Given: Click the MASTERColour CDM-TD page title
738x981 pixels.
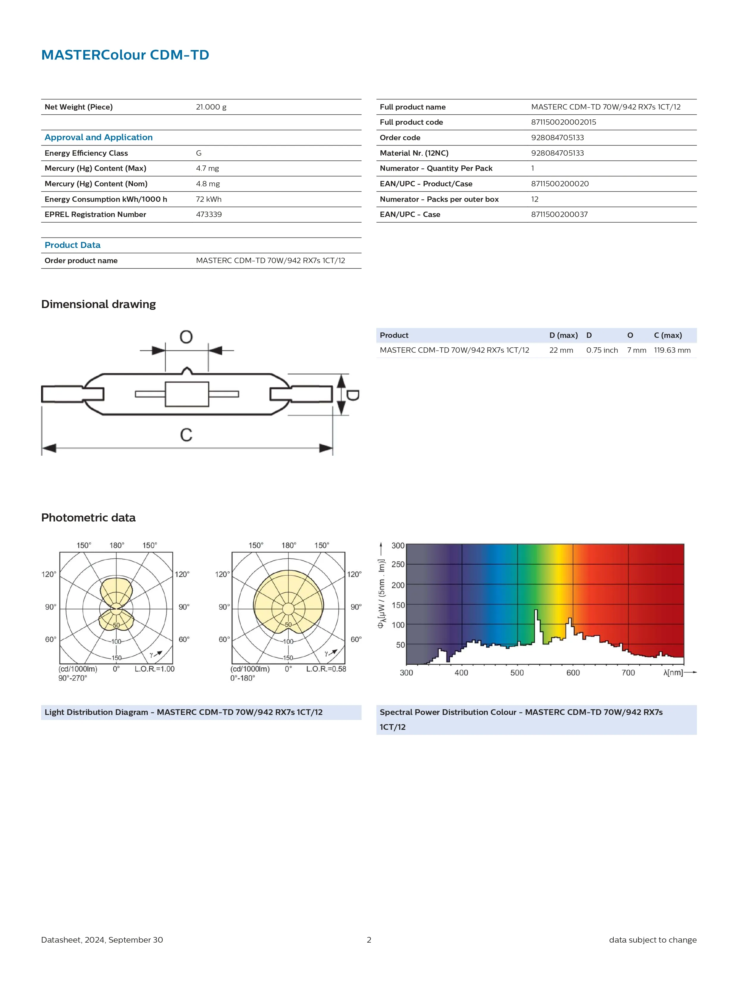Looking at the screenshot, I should (125, 55).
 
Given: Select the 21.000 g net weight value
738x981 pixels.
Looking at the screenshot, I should (211, 107).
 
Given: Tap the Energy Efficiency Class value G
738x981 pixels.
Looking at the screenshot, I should (199, 153).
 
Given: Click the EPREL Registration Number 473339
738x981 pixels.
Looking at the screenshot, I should (209, 214).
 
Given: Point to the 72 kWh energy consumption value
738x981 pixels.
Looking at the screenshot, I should (208, 199).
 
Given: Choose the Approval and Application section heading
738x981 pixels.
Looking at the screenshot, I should (98, 138).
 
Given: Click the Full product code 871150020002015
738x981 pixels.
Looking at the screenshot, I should (563, 122).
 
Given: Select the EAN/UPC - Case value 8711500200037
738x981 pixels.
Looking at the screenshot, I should (559, 214).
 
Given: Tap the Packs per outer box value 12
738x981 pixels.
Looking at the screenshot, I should (535, 199).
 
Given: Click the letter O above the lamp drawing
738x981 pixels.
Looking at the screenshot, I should (186, 337).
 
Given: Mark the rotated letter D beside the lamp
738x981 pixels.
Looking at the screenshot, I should (353, 395).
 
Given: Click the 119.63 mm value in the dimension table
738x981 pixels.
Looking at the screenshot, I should (672, 350).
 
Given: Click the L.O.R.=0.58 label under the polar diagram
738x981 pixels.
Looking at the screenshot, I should (326, 669).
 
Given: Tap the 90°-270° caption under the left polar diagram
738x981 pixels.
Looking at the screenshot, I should (73, 678).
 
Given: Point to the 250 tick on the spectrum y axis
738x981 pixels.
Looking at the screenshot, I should (398, 565).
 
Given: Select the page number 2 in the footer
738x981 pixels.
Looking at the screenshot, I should (369, 940).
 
